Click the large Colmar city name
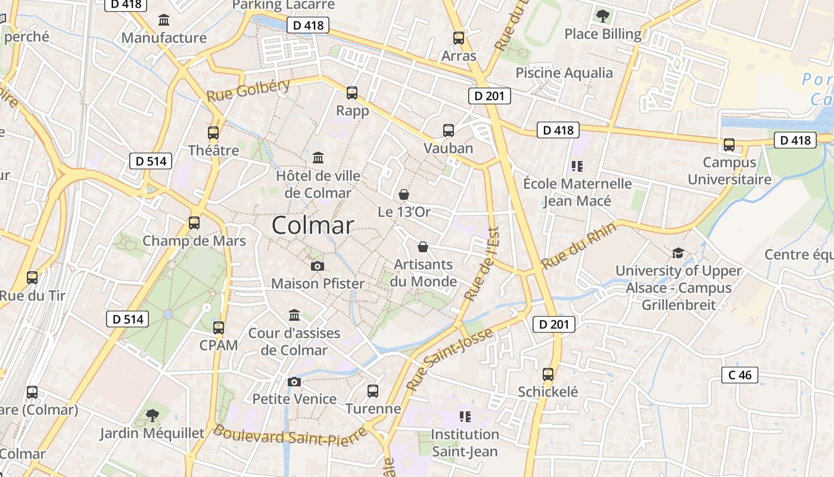[313, 225]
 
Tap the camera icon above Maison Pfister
[318, 266]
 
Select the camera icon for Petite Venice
[294, 382]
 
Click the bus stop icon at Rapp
[352, 93]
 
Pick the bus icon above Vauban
[448, 131]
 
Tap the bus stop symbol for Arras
[458, 38]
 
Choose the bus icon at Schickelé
[547, 374]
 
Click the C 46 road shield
[740, 375]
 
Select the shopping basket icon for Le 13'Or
[404, 194]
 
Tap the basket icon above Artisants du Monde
[423, 247]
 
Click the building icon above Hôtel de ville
[318, 158]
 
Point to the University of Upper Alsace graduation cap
[678, 253]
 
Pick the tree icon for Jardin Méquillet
[153, 415]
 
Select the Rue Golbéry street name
[248, 90]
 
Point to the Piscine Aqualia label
[564, 73]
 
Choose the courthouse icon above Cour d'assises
[294, 315]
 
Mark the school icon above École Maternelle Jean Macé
[577, 166]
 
